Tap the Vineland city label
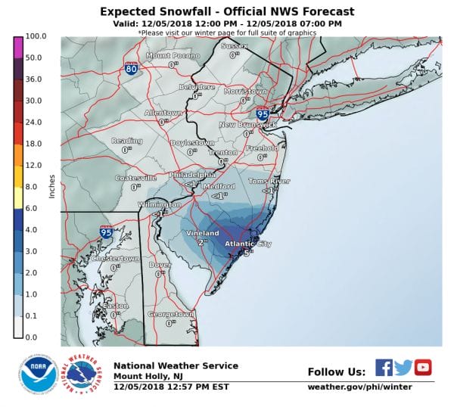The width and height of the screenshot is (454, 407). [x=202, y=234]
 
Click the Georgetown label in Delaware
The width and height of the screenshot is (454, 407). [x=170, y=313]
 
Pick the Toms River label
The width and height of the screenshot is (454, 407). [x=269, y=182]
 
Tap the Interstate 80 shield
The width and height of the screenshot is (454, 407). [x=131, y=69]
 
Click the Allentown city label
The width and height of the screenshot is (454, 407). [x=163, y=113]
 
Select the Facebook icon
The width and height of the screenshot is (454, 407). [x=384, y=368]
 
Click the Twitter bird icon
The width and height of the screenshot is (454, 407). [x=403, y=368]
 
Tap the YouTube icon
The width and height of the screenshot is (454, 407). [x=423, y=368]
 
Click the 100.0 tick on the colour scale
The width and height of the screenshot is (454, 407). [x=36, y=36]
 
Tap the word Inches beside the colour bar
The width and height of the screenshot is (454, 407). [x=52, y=186]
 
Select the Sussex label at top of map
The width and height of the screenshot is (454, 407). [x=234, y=46]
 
